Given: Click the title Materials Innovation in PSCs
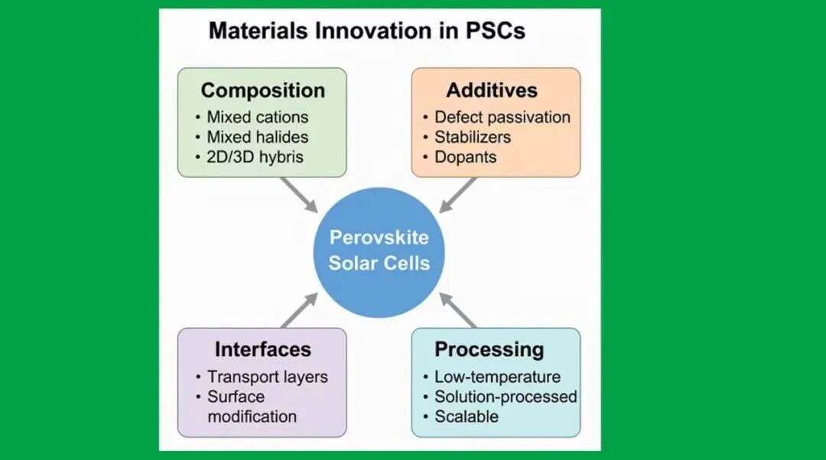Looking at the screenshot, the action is coord(366,31).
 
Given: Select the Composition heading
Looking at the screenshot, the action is coord(263,90).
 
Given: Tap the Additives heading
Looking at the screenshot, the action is coord(492,90).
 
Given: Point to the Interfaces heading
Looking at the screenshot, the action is coord(263,349).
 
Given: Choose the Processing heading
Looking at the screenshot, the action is coord(489,349).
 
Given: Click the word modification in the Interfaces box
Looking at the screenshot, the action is coord(252,416).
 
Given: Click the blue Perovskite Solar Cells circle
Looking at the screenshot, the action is coord(379,253).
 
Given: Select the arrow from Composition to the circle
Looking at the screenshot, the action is coord(299,196).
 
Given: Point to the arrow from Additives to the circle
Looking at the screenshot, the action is coord(457,196).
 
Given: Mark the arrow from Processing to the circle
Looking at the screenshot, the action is coord(457,310).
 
